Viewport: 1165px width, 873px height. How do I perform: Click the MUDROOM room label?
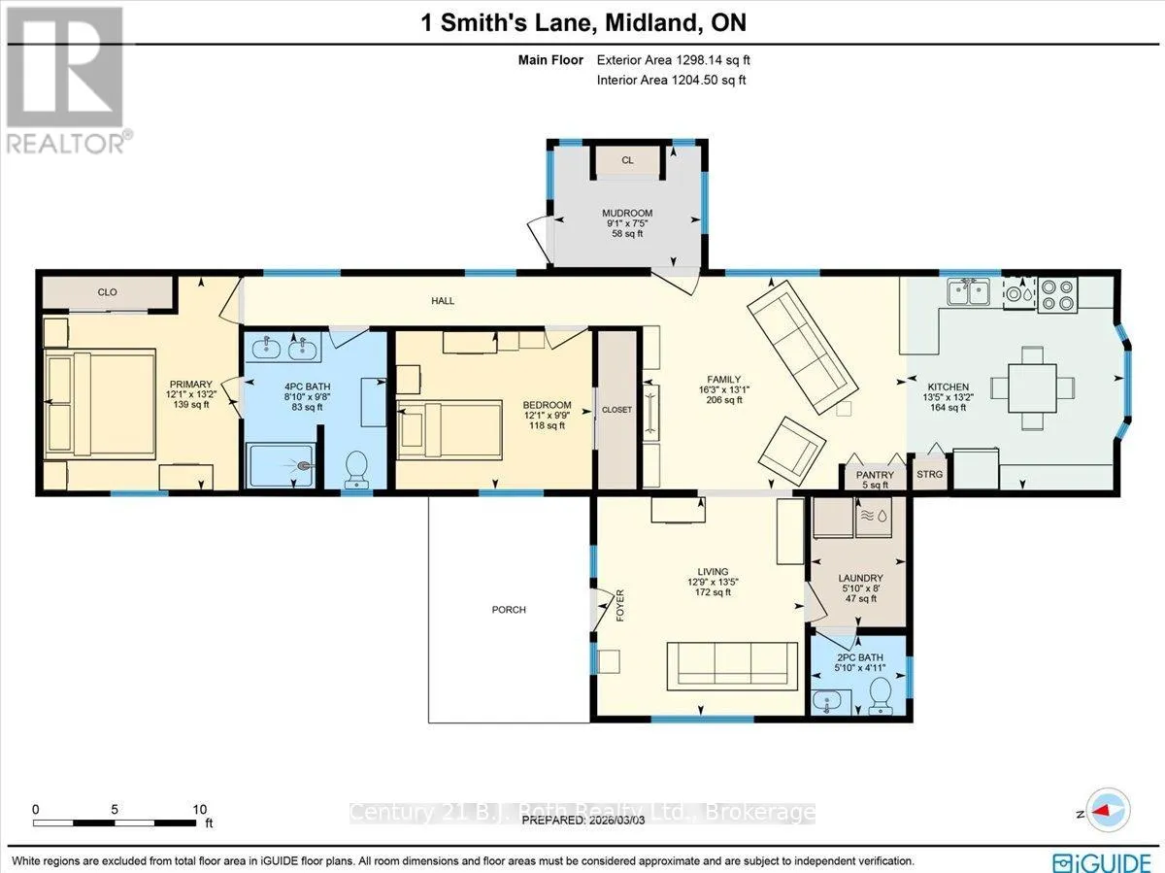tap(627, 213)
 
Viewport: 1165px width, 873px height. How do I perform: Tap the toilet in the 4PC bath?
tap(355, 470)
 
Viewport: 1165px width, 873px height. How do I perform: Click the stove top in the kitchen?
tap(1057, 295)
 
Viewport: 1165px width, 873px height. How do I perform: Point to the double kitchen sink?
tap(969, 293)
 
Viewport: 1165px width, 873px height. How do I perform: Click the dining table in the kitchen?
tap(1032, 387)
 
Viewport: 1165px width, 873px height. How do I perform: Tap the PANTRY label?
tap(875, 475)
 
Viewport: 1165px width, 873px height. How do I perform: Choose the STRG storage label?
tap(929, 474)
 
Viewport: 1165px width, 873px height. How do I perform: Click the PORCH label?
tap(509, 610)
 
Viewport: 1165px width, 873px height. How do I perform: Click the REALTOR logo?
tap(66, 80)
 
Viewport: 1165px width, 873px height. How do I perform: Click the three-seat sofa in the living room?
tap(732, 666)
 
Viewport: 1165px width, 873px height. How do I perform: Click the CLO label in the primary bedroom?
tap(107, 292)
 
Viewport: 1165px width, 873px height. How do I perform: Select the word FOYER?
tap(619, 605)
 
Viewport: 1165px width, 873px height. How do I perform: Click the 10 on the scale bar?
tap(200, 809)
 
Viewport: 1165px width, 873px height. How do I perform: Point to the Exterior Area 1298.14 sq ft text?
tap(673, 60)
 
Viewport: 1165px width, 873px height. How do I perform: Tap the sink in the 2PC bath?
tap(827, 701)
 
